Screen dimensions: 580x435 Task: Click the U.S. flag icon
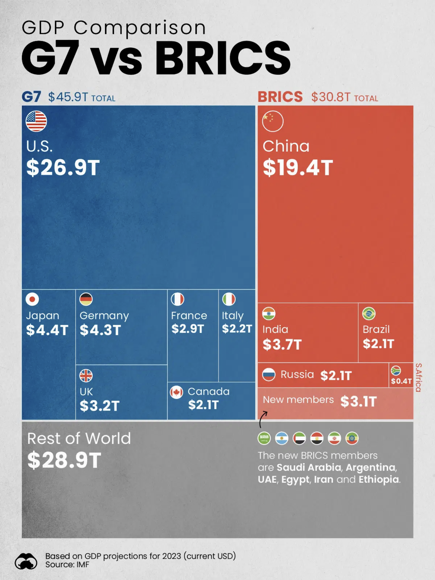pyautogui.click(x=36, y=121)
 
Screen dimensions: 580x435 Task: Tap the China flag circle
pyautogui.click(x=272, y=121)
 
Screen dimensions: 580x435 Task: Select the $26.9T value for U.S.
pyautogui.click(x=63, y=167)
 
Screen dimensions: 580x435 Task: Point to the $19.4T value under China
pyautogui.click(x=298, y=167)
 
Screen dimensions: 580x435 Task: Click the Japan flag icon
pyautogui.click(x=32, y=299)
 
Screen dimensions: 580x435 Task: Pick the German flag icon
pyautogui.click(x=86, y=299)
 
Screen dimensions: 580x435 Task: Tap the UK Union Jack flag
pyautogui.click(x=86, y=376)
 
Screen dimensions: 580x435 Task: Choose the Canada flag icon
pyautogui.click(x=176, y=392)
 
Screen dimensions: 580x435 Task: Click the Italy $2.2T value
pyautogui.click(x=237, y=329)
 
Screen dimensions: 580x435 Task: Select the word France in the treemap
pyautogui.click(x=189, y=315)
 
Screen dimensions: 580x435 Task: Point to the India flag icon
pyautogui.click(x=269, y=314)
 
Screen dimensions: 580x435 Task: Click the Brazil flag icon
pyautogui.click(x=369, y=314)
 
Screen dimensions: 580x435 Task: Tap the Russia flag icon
pyautogui.click(x=269, y=375)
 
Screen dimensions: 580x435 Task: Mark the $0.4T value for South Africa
pyautogui.click(x=401, y=381)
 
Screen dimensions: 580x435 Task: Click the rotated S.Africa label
pyautogui.click(x=418, y=377)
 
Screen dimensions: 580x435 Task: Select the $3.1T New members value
pyautogui.click(x=358, y=401)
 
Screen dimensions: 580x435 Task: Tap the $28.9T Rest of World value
pyautogui.click(x=64, y=460)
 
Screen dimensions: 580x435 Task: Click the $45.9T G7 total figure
pyautogui.click(x=68, y=97)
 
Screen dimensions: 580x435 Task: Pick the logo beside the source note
pyautogui.click(x=26, y=561)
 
